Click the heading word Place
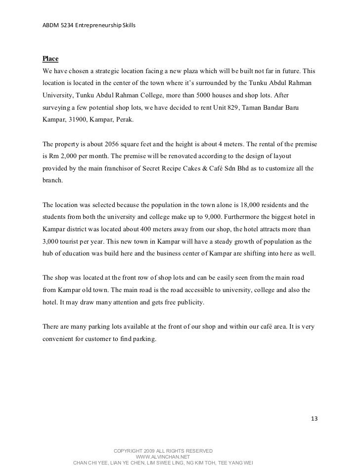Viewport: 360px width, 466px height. [x=50, y=59]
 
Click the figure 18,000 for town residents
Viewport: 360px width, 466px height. [x=237, y=204]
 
